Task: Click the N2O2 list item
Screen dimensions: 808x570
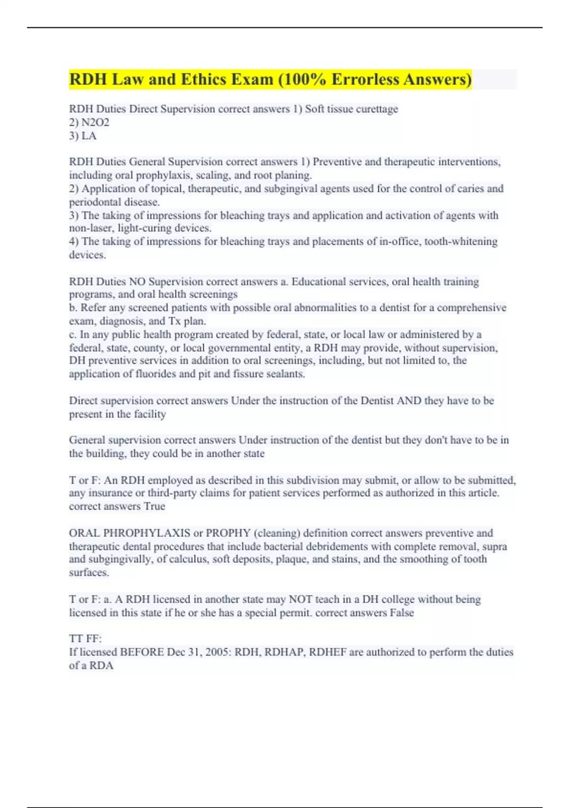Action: (x=95, y=123)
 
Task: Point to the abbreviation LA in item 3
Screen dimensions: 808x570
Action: (x=89, y=136)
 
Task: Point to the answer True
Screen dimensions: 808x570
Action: (x=154, y=507)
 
